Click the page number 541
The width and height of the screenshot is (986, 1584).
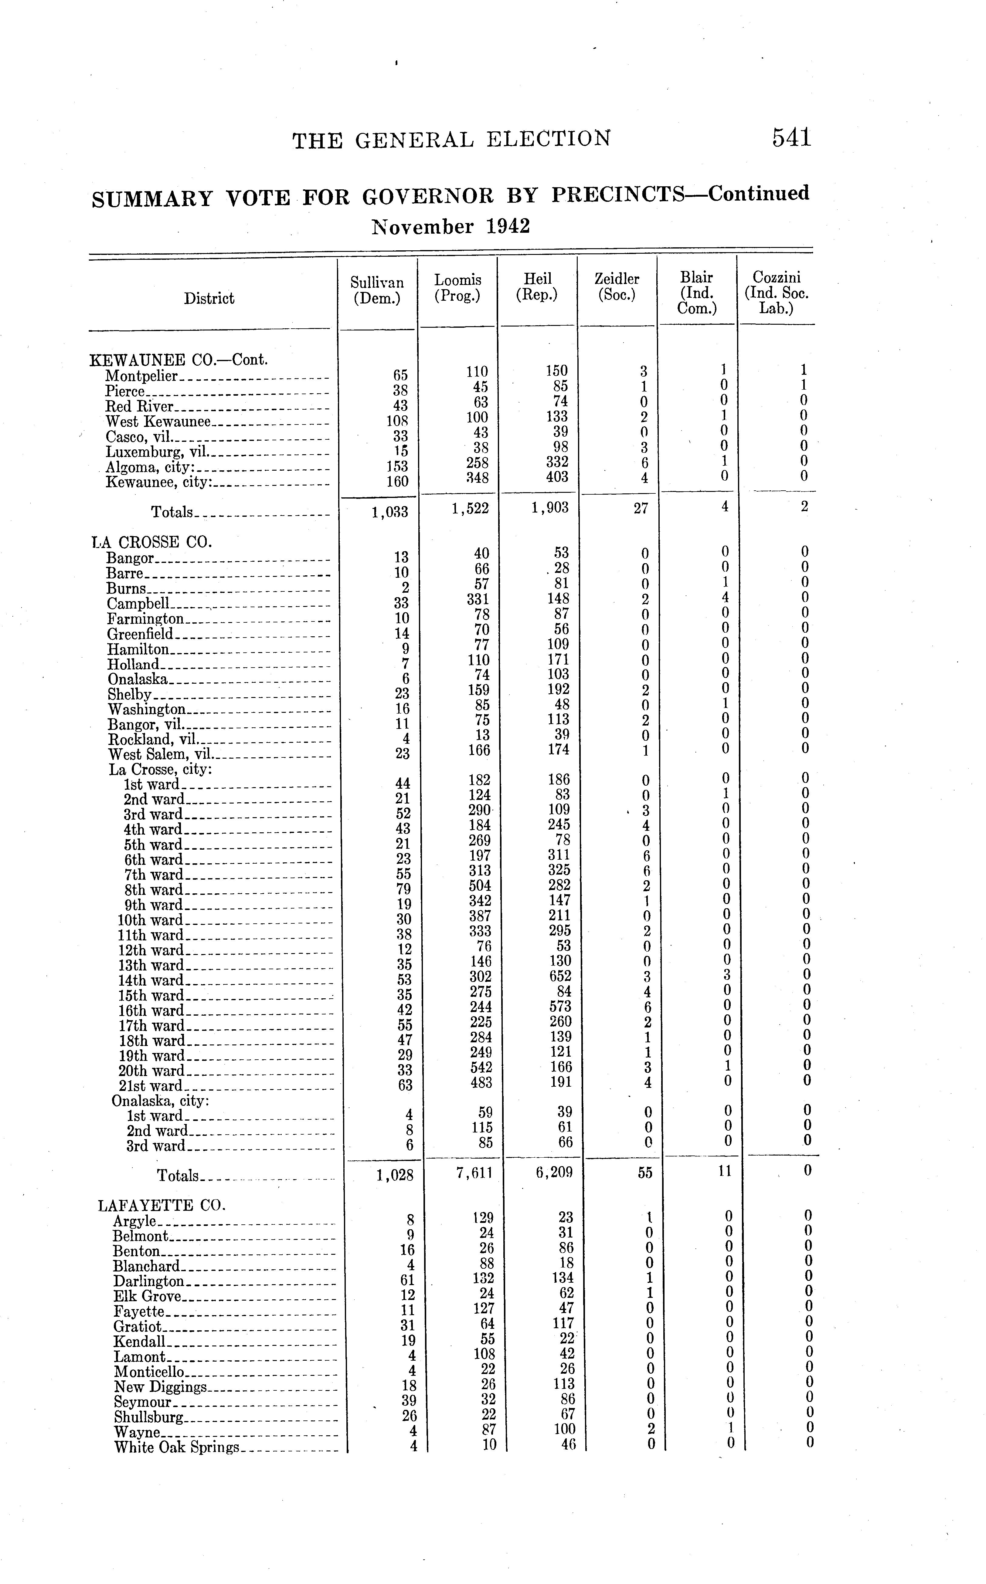coord(792,138)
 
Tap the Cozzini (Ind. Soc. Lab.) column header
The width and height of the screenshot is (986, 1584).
coord(776,293)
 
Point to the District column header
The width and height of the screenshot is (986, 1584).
coord(209,299)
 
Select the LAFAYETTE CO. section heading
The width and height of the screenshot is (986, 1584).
coord(162,1205)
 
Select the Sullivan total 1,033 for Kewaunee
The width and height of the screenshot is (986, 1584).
coord(390,512)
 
